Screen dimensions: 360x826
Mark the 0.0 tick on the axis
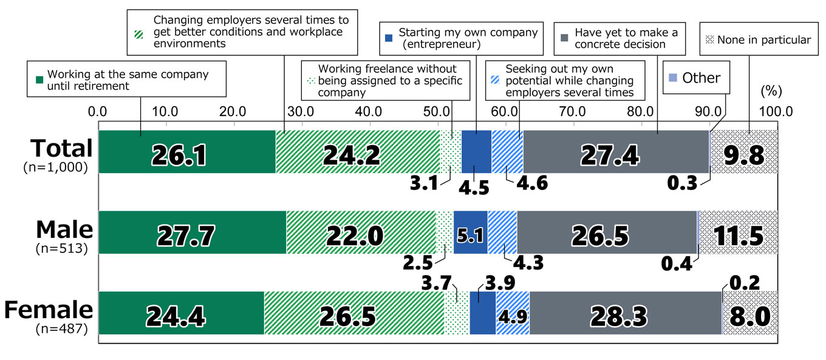pos(98,112)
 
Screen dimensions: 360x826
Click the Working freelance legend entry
pos(386,81)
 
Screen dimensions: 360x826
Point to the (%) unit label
pos(771,92)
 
